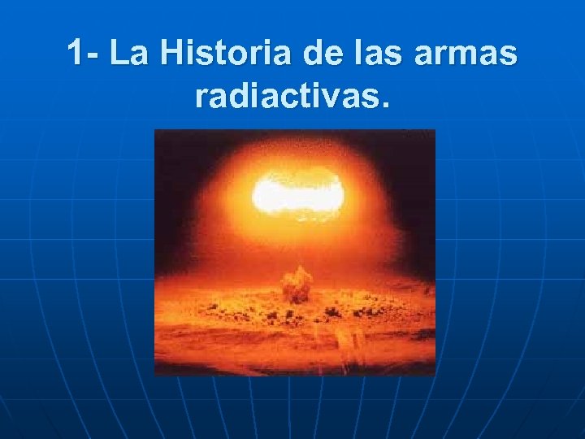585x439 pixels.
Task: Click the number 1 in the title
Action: click(x=76, y=54)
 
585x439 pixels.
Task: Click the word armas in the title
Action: click(x=461, y=57)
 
